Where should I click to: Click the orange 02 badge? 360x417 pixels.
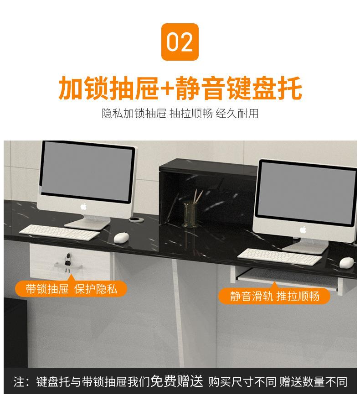[x=180, y=42]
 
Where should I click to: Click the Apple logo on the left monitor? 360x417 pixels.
[x=84, y=207]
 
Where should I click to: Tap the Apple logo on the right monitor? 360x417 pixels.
[x=302, y=229]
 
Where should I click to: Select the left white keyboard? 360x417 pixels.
[x=59, y=232]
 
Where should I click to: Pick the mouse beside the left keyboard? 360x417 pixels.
[x=121, y=237]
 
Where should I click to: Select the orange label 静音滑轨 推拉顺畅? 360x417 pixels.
[x=275, y=296]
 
